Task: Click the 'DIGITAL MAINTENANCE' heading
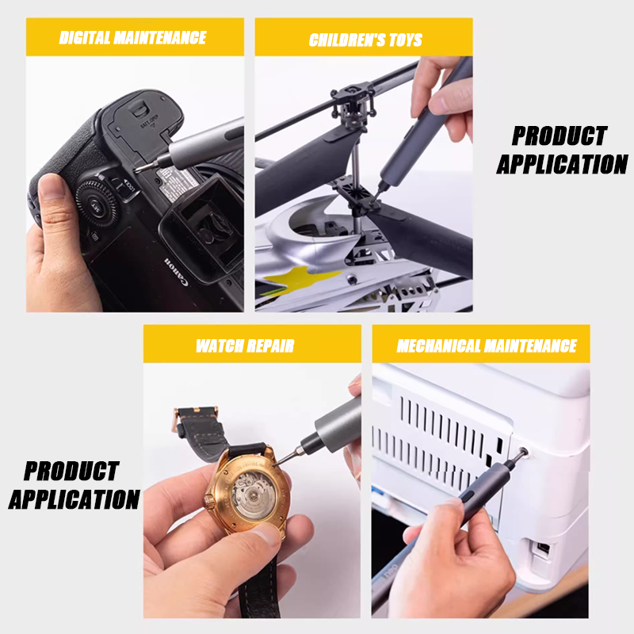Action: (x=132, y=37)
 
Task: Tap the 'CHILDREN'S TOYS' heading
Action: (x=365, y=40)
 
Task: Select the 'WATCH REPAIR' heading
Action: (x=245, y=346)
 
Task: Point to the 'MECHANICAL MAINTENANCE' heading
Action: (x=487, y=346)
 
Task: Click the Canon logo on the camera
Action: (x=176, y=272)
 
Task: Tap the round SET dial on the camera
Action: (x=96, y=204)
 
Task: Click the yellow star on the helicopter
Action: (x=300, y=280)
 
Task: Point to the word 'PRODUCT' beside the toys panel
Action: (x=560, y=136)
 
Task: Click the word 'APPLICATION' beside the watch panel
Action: (x=74, y=499)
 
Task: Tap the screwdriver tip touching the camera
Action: (x=137, y=170)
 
